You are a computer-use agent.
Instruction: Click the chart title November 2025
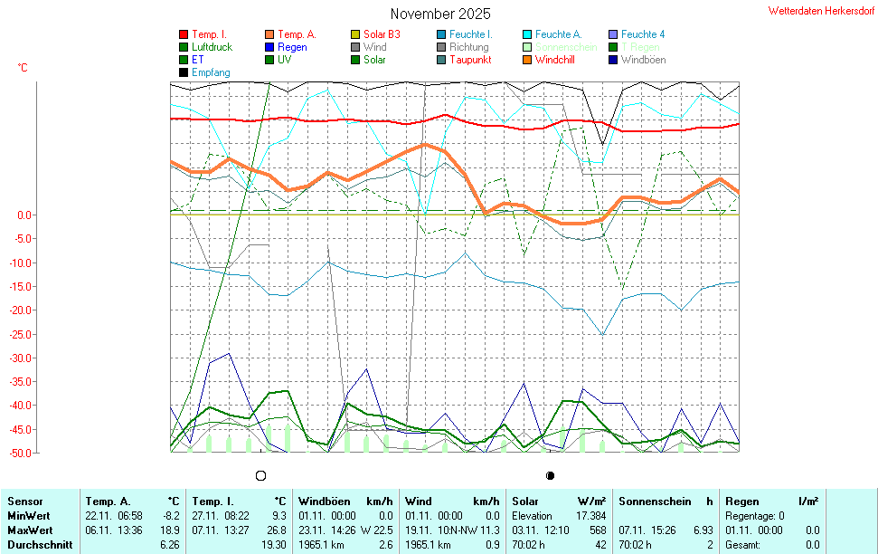(440, 14)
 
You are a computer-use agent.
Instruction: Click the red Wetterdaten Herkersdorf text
(821, 11)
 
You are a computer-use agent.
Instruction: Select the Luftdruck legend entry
(211, 47)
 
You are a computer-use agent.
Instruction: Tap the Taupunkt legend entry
(470, 60)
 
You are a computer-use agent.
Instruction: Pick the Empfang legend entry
(211, 72)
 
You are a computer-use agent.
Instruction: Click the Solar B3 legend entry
(382, 34)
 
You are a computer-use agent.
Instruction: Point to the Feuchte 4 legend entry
(643, 34)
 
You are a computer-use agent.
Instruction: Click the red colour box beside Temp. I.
(184, 34)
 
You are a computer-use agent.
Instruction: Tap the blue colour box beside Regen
(269, 47)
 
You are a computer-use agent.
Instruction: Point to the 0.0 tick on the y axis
(24, 215)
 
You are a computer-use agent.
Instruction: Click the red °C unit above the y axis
(23, 68)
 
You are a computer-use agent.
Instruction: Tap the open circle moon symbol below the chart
(261, 475)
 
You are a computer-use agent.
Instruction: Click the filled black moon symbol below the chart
(550, 475)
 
